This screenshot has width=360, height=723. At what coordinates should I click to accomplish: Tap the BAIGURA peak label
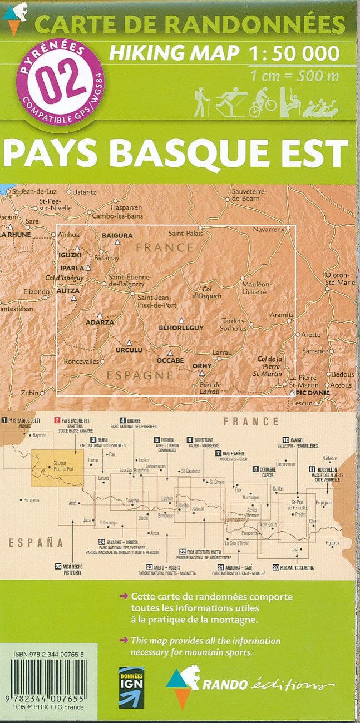pos(117,235)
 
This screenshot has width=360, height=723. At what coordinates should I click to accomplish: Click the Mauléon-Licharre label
pos(256,288)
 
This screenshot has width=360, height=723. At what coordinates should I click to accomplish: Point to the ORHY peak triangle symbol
pos(202,373)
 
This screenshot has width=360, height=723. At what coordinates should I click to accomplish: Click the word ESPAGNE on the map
pos(140,375)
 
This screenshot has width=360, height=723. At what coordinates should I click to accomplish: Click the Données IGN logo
pos(131,687)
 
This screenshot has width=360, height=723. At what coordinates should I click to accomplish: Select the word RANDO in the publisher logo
pos(223,685)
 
